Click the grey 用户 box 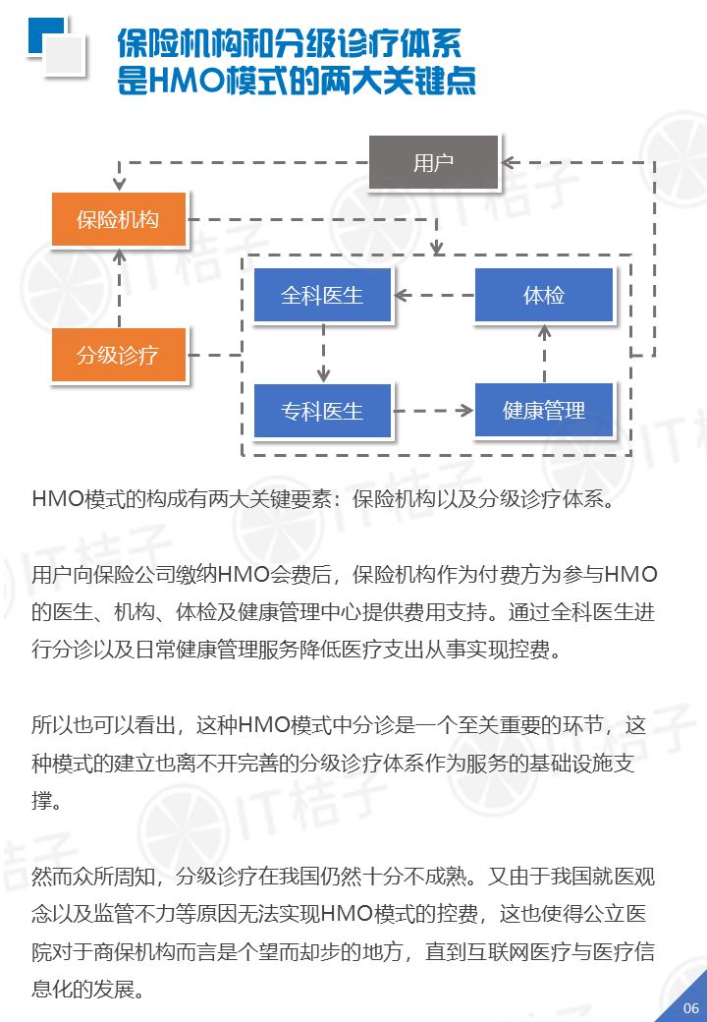pyautogui.click(x=433, y=162)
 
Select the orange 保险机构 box pyautogui.click(x=119, y=220)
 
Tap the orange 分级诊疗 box pyautogui.click(x=119, y=355)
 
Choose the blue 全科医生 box pyautogui.click(x=322, y=295)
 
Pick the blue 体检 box pyautogui.click(x=544, y=295)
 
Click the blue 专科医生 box pyautogui.click(x=322, y=410)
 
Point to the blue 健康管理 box pyautogui.click(x=544, y=410)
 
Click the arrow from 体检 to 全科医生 pyautogui.click(x=433, y=295)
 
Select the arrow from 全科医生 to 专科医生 pyautogui.click(x=322, y=353)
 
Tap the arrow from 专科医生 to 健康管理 pyautogui.click(x=433, y=410)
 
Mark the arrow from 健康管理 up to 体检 pyautogui.click(x=544, y=353)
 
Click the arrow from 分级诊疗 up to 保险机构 pyautogui.click(x=119, y=287)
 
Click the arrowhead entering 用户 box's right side pyautogui.click(x=508, y=162)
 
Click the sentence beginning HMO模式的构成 pyautogui.click(x=324, y=498)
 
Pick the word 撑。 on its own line pyautogui.click(x=46, y=801)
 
